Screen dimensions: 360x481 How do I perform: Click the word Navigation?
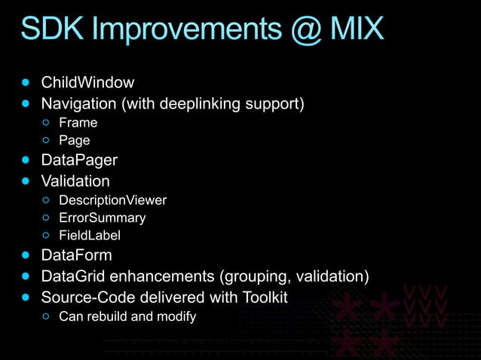(78, 102)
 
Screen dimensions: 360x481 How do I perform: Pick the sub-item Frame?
(78, 122)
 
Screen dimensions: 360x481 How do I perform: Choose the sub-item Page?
(75, 141)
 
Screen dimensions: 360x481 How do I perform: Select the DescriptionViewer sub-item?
(112, 200)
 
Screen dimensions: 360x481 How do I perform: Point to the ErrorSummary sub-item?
(103, 218)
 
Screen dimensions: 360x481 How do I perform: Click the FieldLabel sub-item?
(90, 236)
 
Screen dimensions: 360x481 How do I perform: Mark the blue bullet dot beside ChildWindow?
(28, 81)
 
